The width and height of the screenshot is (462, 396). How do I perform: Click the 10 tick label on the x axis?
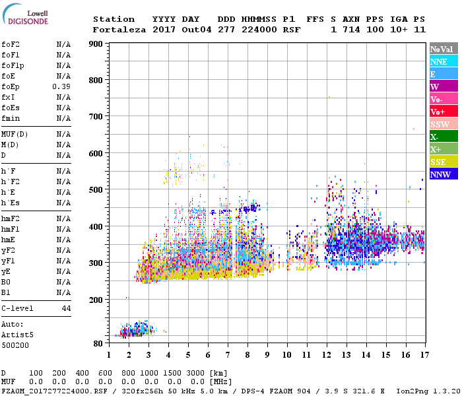click(x=286, y=354)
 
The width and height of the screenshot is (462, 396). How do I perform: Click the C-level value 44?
click(x=66, y=308)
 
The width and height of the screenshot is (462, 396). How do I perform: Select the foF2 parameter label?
click(x=10, y=44)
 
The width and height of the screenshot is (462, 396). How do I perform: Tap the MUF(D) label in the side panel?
click(x=14, y=134)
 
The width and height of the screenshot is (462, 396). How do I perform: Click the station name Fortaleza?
click(x=119, y=30)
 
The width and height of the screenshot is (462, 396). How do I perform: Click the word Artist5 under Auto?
click(x=17, y=335)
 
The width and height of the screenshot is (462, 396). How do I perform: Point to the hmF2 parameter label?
click(x=10, y=218)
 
